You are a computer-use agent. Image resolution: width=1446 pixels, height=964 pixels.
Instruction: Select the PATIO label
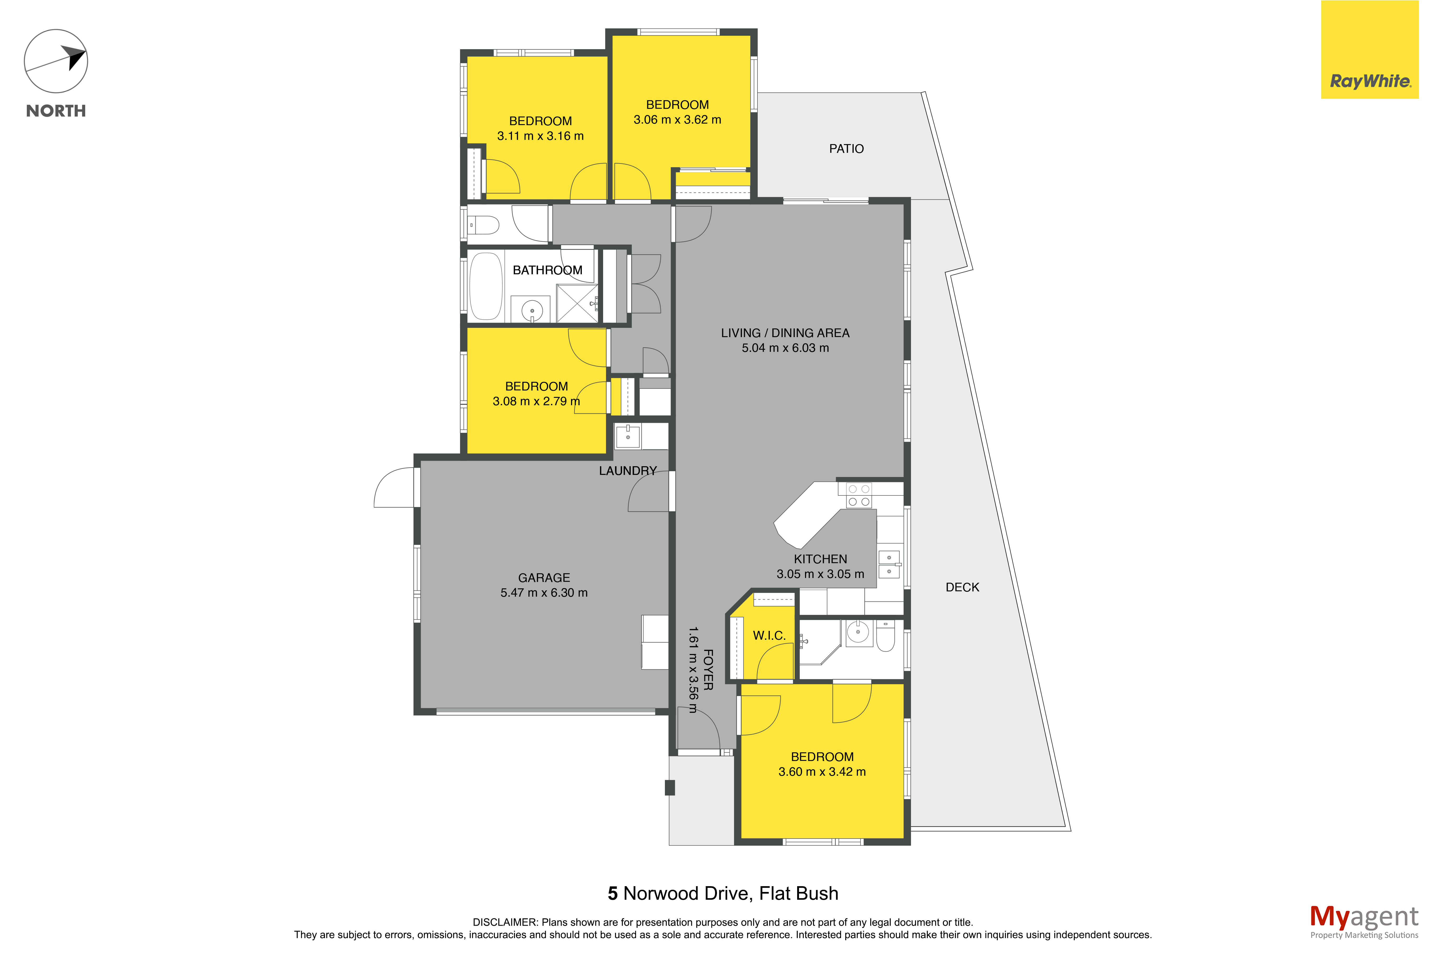coord(846,149)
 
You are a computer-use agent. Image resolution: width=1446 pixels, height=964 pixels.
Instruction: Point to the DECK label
coord(962,587)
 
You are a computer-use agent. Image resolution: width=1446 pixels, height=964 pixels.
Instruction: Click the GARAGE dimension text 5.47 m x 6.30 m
coord(544,593)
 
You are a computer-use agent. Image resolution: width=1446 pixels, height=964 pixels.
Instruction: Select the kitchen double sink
coord(889,564)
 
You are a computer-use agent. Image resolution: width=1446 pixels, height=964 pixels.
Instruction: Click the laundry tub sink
coord(628,437)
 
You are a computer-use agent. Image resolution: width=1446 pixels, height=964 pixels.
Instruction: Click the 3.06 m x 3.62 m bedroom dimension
coord(677,120)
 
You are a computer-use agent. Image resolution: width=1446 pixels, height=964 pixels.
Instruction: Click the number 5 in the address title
coord(613,893)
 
